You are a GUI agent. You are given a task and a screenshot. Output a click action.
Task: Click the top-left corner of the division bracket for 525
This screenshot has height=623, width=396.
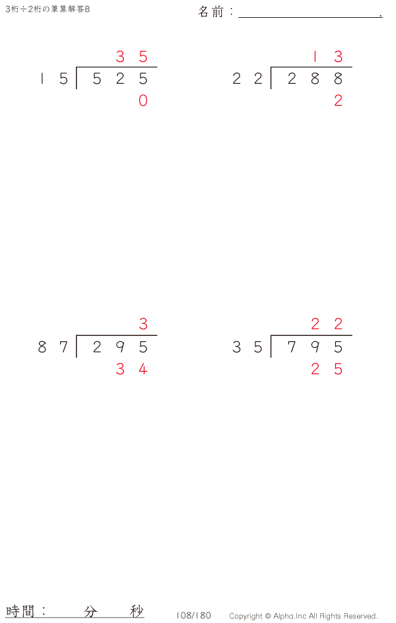77,67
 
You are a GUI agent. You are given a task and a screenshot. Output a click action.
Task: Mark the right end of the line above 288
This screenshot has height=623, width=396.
352,67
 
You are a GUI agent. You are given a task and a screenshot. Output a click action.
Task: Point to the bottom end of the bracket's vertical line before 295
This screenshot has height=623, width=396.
77,357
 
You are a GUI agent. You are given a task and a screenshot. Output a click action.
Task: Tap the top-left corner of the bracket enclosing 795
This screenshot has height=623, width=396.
271,336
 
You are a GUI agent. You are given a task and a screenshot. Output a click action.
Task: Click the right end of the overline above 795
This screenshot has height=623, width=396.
352,336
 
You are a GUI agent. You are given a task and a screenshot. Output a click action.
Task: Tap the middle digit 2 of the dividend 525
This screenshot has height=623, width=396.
120,79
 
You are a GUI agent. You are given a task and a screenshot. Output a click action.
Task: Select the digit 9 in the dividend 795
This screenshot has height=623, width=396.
315,347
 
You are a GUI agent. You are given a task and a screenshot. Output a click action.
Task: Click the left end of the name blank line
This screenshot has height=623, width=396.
239,17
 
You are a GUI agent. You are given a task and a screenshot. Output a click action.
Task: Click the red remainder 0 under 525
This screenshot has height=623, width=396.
143,100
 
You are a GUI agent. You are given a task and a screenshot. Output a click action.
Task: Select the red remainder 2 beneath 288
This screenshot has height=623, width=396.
338,100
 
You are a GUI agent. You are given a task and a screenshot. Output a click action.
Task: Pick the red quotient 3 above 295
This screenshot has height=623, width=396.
143,324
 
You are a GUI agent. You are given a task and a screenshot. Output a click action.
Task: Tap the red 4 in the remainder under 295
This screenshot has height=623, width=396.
143,369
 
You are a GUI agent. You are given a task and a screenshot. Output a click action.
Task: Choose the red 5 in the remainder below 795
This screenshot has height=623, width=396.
338,369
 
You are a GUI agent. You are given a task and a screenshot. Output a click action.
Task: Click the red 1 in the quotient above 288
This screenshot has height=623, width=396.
315,57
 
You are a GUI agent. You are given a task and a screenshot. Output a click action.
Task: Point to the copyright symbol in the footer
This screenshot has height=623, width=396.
268,616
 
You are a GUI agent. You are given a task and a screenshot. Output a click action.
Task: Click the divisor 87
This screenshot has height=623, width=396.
53,347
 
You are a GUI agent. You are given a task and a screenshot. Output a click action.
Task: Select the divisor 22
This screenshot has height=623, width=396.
247,79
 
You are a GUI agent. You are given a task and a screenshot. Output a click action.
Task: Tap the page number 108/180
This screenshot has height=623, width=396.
193,616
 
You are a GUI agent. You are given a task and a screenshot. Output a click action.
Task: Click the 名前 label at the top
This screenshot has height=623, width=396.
211,11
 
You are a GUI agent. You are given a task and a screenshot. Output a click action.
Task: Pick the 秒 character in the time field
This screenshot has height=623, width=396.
137,611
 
